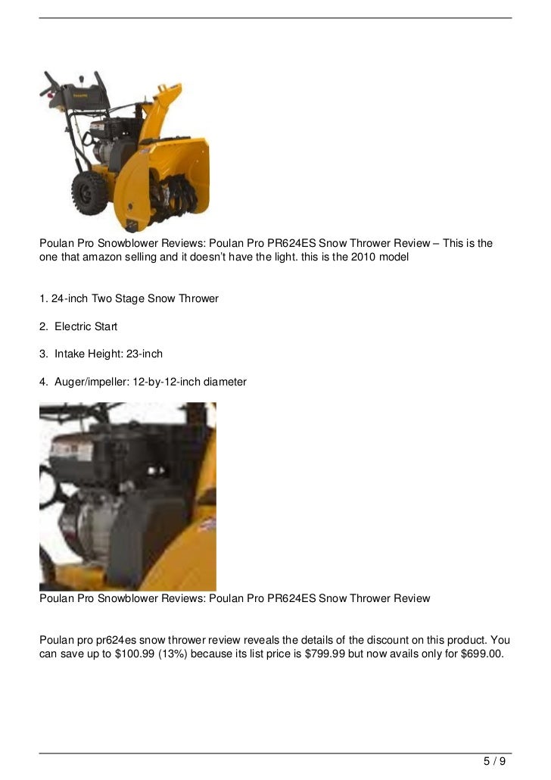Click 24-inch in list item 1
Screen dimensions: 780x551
(70, 298)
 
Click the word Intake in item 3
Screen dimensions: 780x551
(71, 354)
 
